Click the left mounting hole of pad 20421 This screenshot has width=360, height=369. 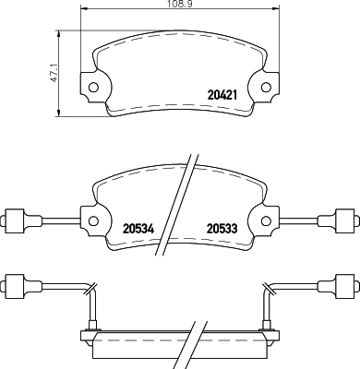coord(92,89)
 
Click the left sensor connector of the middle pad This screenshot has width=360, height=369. coord(14,220)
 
